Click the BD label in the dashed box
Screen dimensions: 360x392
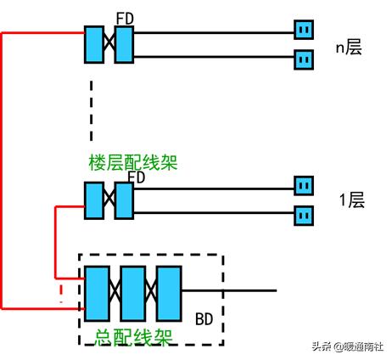204,319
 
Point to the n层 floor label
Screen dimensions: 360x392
348,47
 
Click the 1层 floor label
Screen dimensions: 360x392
351,200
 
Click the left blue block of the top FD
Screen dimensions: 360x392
94,43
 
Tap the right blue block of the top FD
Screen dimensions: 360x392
125,43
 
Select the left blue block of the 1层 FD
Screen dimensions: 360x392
94,200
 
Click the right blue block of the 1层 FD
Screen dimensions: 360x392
125,200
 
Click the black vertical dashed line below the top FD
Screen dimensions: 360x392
90,110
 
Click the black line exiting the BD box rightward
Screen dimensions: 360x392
246,290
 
